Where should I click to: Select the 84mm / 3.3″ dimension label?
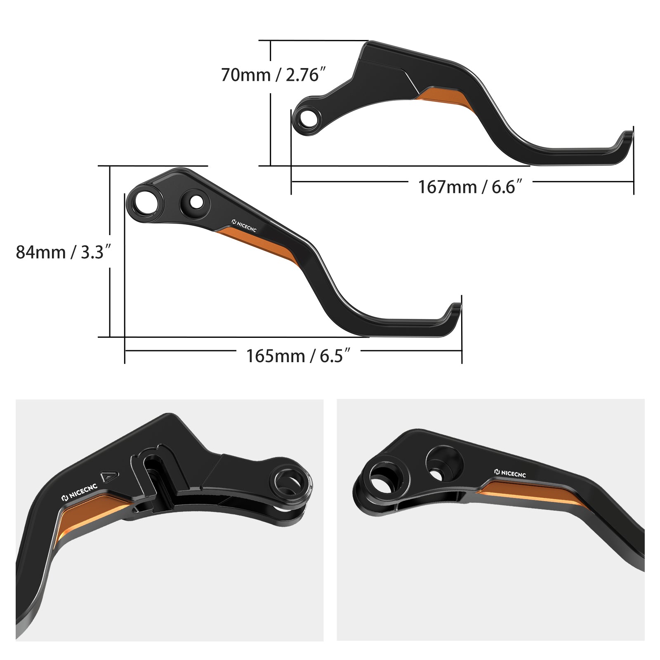point(63,252)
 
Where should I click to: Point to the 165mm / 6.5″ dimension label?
point(298,356)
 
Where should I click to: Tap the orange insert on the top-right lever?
point(445,97)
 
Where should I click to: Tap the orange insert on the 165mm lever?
point(260,245)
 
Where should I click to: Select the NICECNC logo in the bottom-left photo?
point(79,492)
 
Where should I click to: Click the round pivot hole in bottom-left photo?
point(289,482)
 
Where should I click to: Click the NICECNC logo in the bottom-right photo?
point(510,474)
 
